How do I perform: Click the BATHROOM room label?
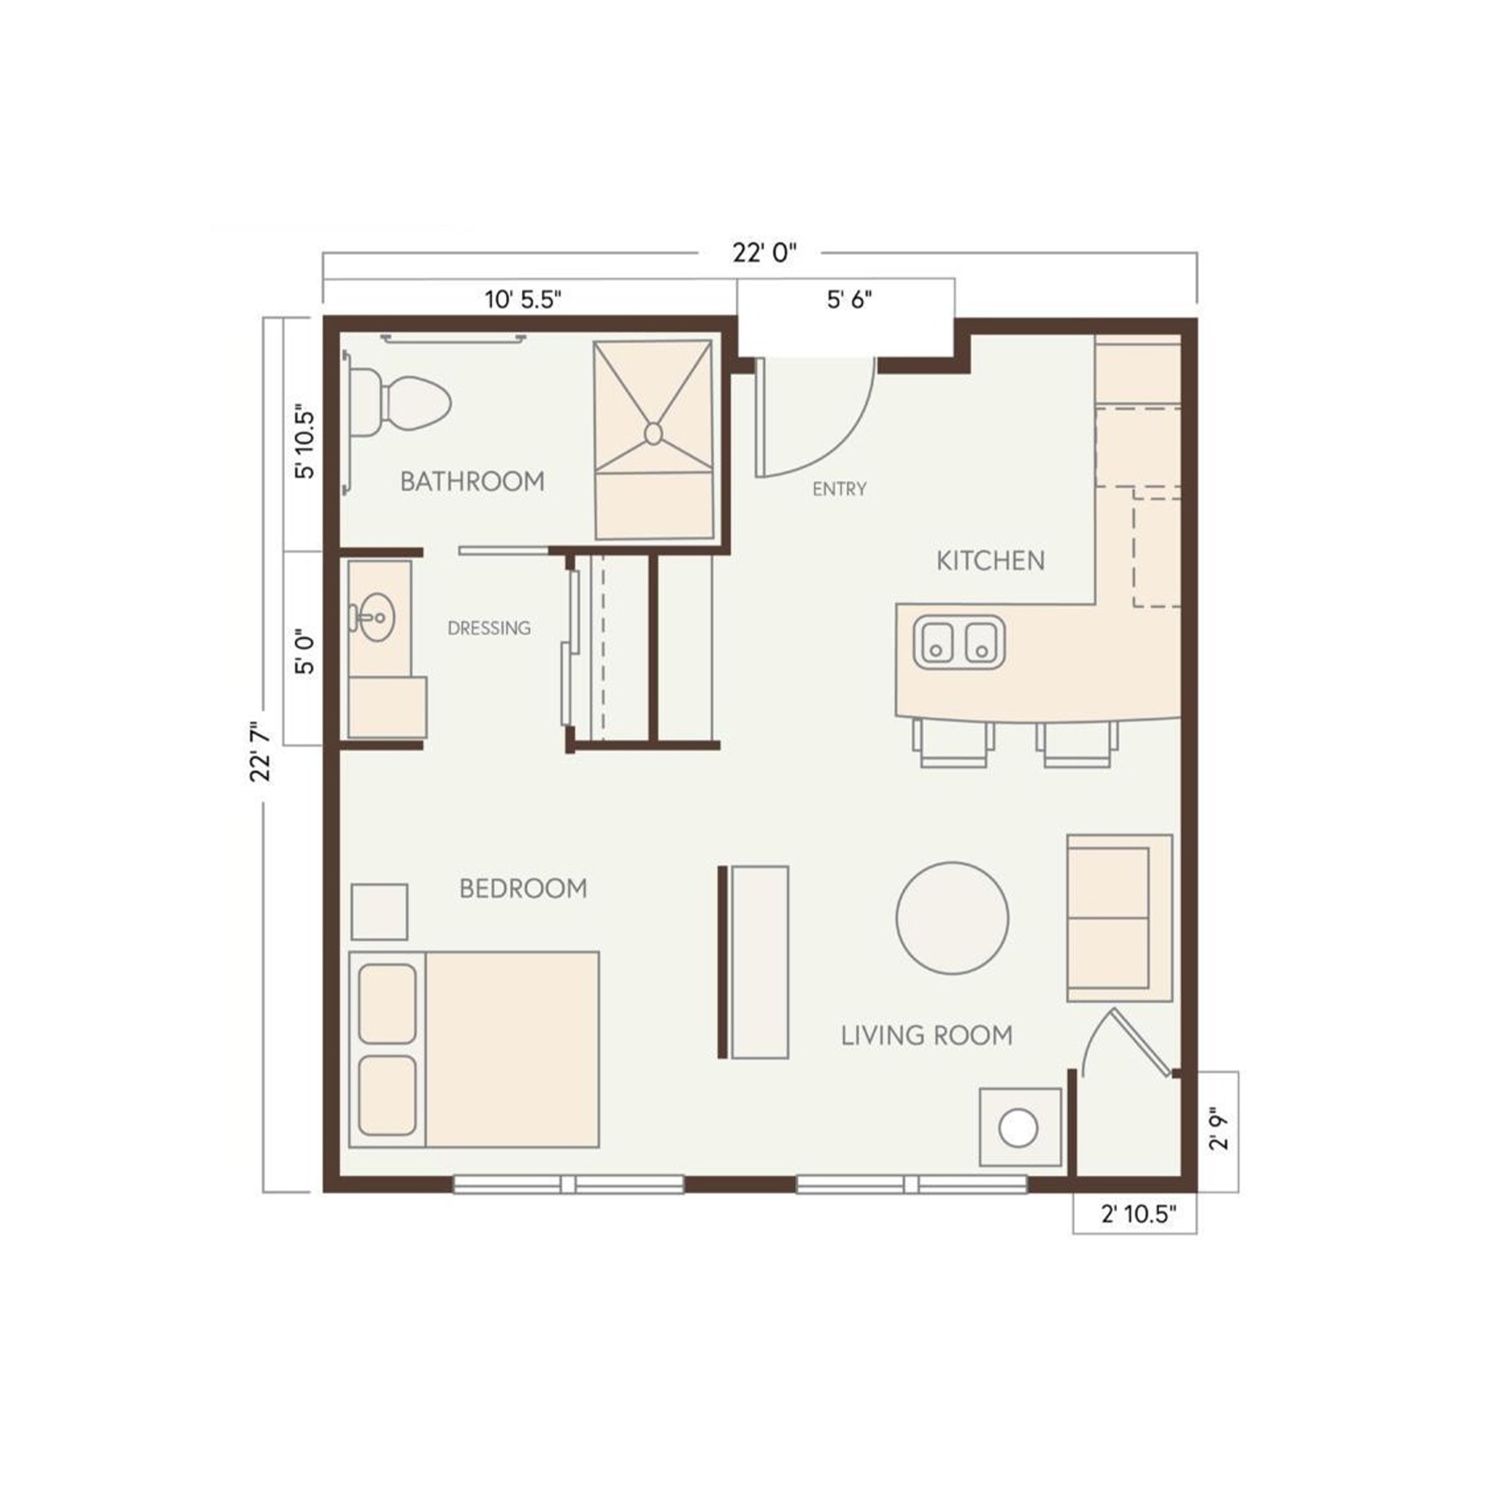click(472, 481)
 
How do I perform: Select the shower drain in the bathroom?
click(653, 434)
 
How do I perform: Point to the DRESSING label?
click(489, 628)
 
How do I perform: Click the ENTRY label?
click(839, 489)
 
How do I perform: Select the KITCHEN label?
click(991, 560)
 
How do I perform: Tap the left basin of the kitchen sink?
click(937, 642)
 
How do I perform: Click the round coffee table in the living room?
click(953, 918)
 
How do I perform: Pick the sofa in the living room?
click(1119, 918)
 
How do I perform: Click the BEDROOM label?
click(523, 888)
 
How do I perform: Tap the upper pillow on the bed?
click(388, 1003)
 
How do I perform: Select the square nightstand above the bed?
click(379, 912)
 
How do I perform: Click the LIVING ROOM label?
click(927, 1035)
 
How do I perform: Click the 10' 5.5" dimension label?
click(523, 299)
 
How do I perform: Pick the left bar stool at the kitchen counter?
click(953, 744)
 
